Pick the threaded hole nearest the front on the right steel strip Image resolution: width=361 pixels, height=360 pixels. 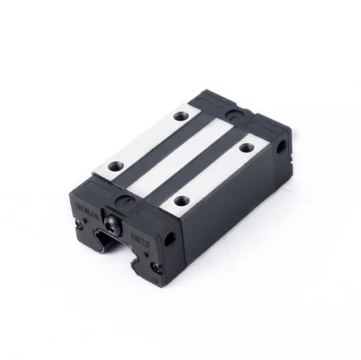180,200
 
